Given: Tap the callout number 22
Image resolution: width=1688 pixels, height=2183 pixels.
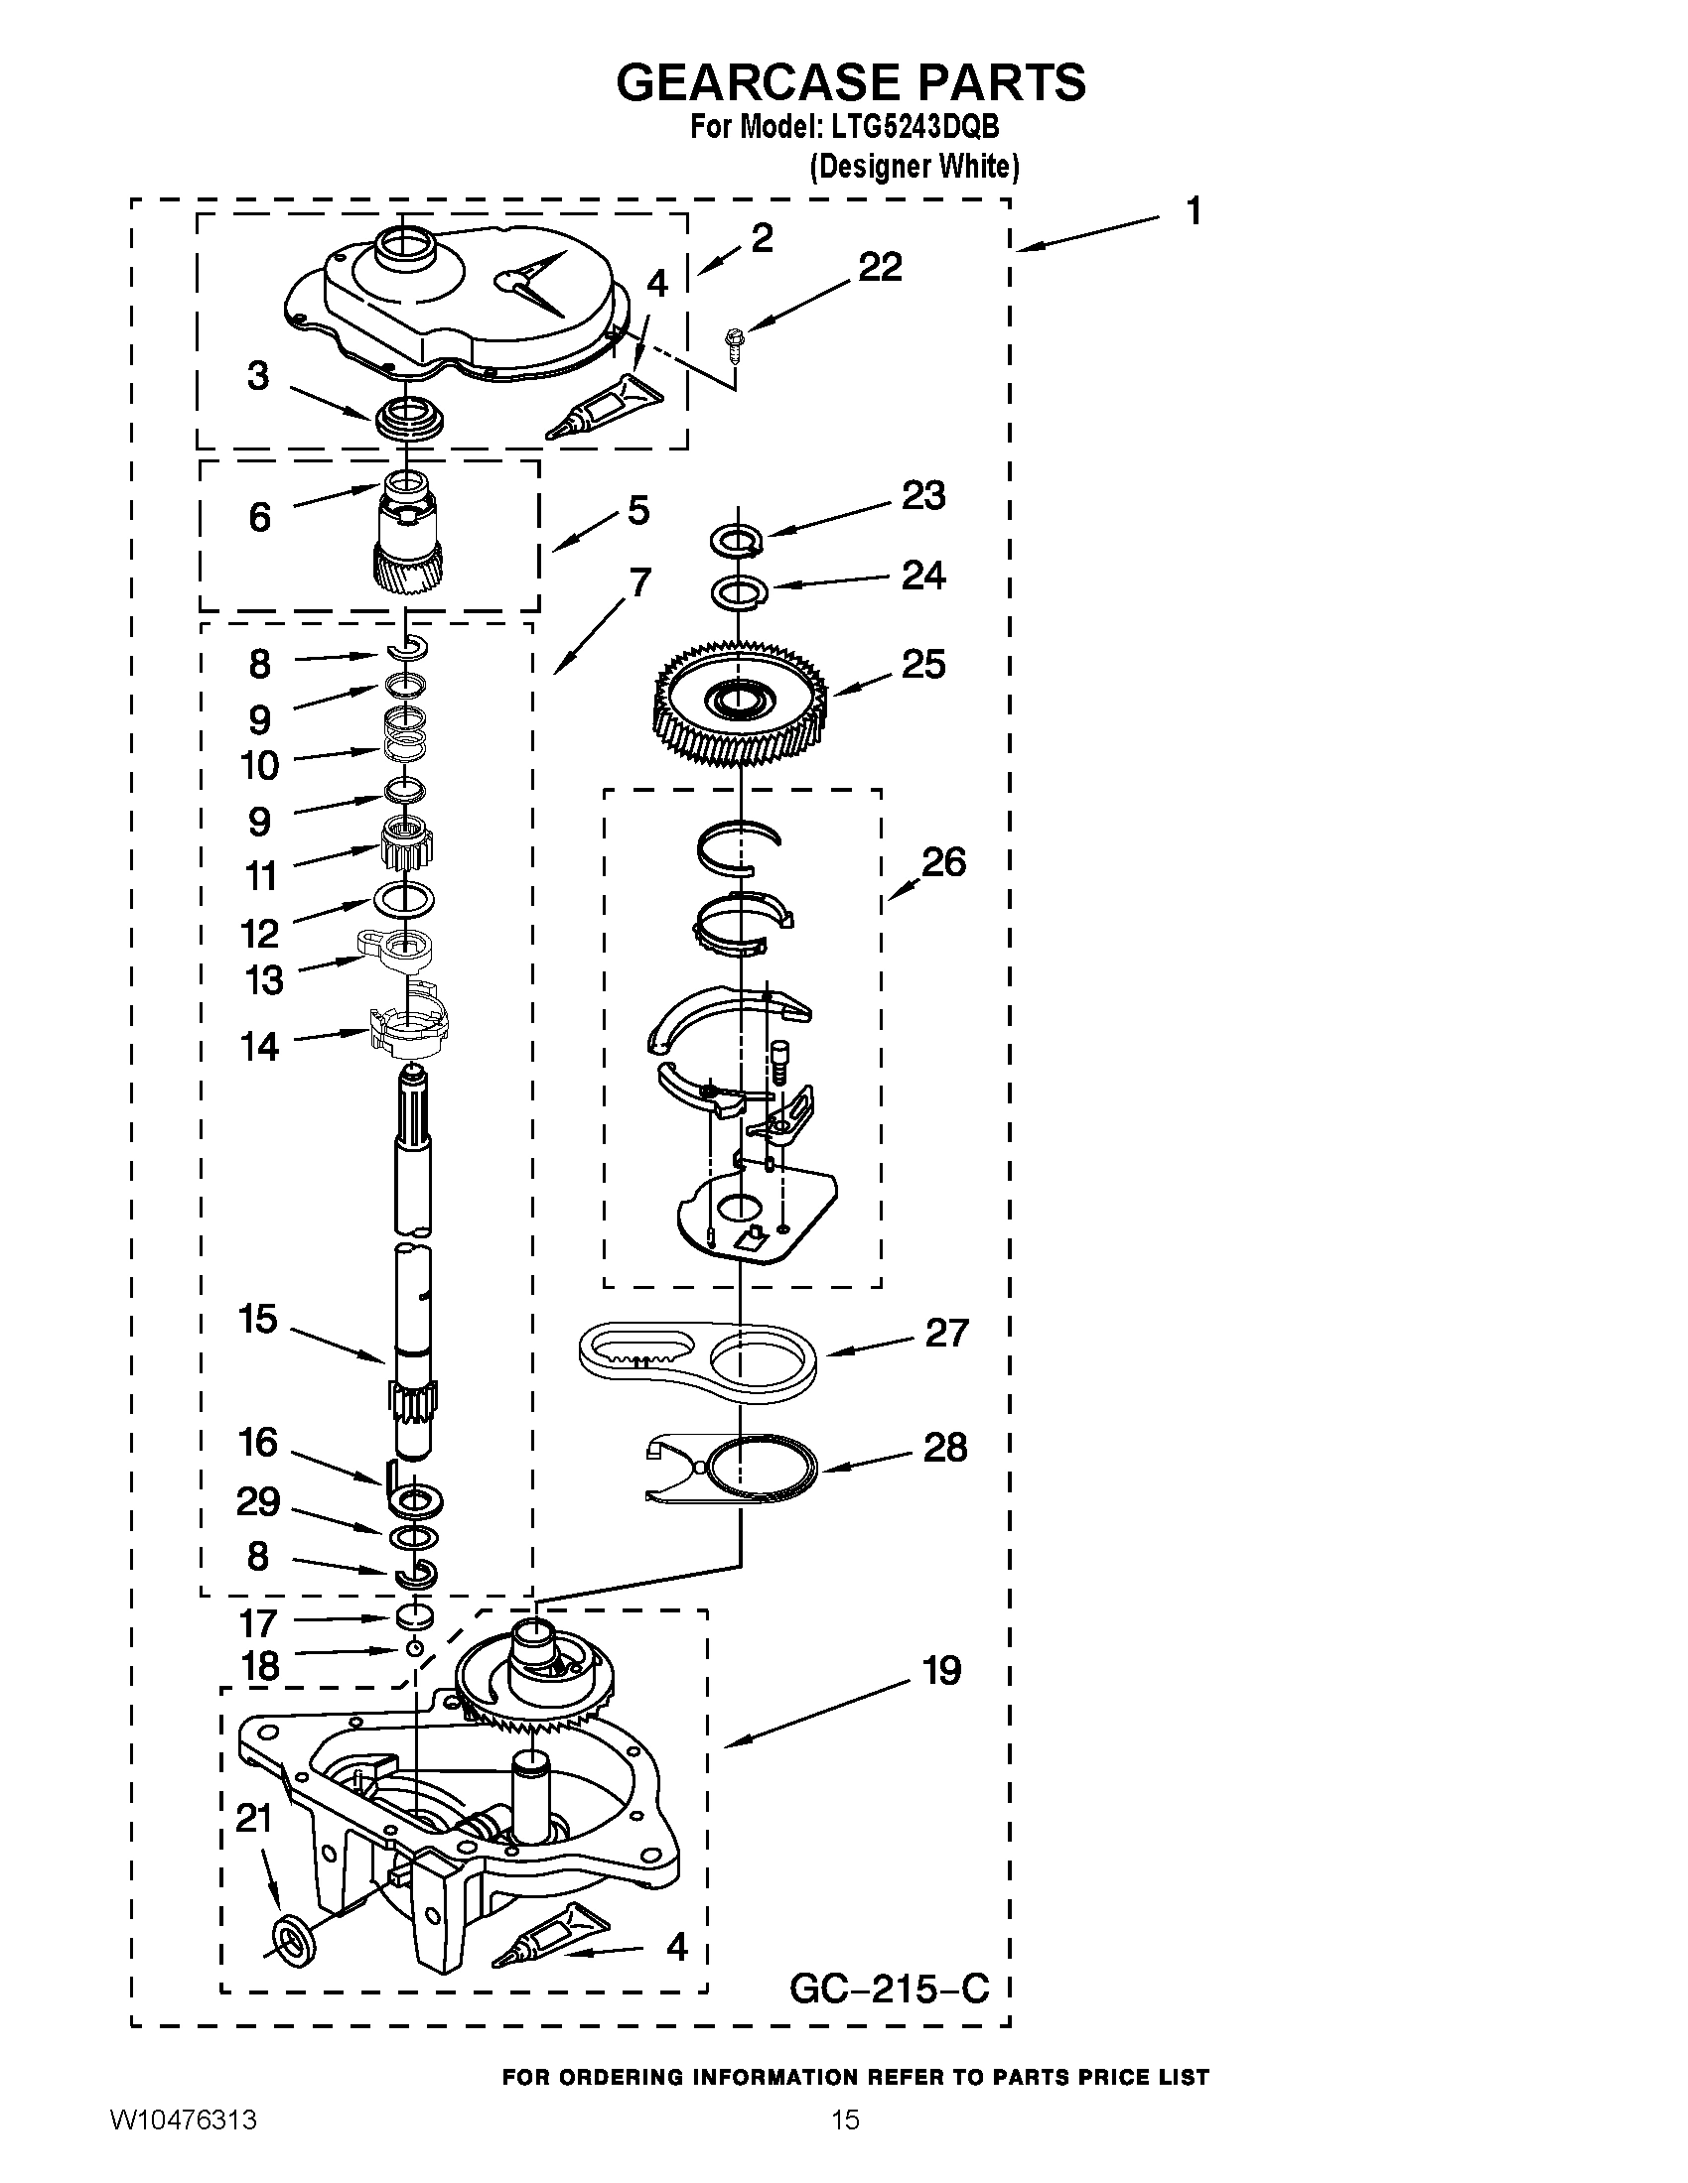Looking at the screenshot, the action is [880, 267].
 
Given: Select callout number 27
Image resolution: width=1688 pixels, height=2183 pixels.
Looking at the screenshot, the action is [946, 1333].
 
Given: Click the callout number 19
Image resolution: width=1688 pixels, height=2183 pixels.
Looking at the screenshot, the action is [941, 1670].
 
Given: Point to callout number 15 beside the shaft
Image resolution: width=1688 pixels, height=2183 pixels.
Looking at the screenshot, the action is [258, 1320].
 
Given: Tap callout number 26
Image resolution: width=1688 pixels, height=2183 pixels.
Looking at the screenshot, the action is [943, 861].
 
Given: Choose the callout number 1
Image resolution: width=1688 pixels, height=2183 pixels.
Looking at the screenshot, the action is [1192, 212].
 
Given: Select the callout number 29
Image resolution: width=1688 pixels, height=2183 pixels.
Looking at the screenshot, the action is [257, 1501].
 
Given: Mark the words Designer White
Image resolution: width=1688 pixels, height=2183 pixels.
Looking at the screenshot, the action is [914, 166].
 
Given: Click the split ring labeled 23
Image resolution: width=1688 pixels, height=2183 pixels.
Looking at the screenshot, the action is [738, 542].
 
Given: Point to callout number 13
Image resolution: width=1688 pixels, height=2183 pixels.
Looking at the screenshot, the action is [264, 979].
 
